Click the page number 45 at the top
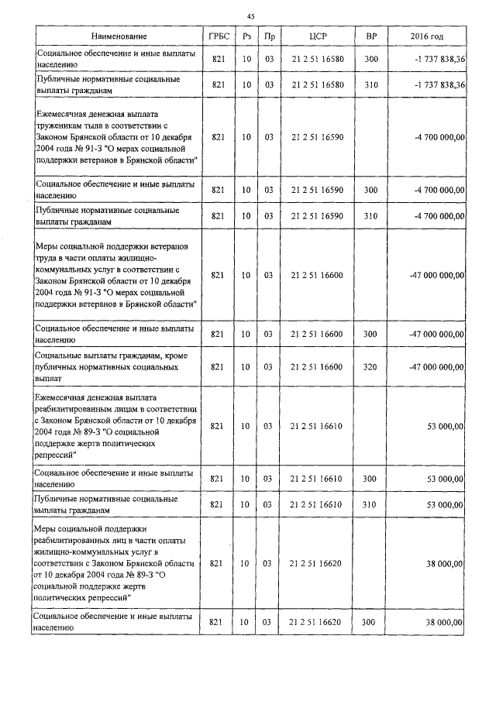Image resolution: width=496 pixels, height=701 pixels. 250,16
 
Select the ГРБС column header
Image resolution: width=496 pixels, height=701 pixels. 218,37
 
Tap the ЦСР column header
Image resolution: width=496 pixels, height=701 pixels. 319,37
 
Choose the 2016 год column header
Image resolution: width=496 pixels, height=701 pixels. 427,37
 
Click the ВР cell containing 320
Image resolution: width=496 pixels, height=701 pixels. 370,366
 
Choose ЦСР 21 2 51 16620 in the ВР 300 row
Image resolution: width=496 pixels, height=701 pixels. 319,622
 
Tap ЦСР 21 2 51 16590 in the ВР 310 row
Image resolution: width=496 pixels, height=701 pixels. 319,216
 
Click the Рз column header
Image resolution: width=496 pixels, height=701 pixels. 246,37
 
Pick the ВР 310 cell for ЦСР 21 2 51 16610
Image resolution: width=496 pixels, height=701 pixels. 370,504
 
